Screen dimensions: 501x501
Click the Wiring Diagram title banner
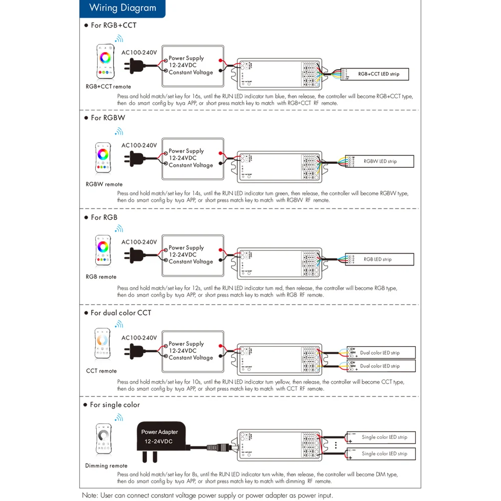coord(122,8)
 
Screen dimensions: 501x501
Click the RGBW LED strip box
coord(380,161)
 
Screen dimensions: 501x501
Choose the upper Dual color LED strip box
coord(381,353)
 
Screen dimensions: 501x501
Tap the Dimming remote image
coord(104,440)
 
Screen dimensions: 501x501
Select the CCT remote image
coord(102,344)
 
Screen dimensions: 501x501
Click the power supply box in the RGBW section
coord(192,158)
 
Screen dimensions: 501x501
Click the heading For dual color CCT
coord(120,313)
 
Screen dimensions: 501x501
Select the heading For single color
coord(115,405)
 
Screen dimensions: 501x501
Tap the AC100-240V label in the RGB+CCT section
coord(139,53)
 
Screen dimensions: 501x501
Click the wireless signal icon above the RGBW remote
coord(119,132)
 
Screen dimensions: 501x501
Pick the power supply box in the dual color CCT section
coord(192,351)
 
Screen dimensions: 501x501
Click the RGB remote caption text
coord(101,277)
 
